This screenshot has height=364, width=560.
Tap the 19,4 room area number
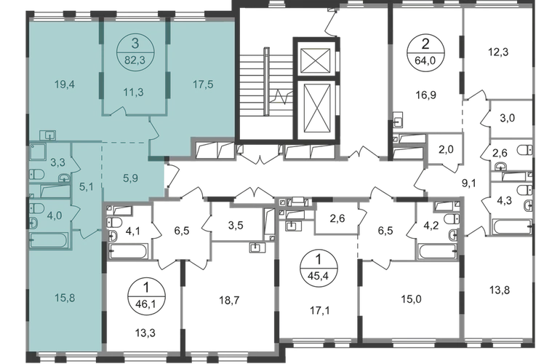click(x=65, y=84)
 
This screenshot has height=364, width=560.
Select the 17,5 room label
click(x=203, y=84)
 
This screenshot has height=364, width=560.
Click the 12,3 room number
click(x=498, y=52)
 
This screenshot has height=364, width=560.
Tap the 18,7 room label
click(x=229, y=301)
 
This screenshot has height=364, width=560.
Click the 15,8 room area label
click(x=65, y=298)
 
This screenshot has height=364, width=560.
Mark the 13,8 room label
click(x=500, y=290)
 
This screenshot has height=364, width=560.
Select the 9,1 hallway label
click(x=468, y=183)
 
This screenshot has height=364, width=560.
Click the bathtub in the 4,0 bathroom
click(x=49, y=240)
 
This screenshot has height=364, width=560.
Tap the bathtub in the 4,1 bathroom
click(x=128, y=251)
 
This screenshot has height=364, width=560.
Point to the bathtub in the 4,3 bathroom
click(x=512, y=226)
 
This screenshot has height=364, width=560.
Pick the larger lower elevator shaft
click(x=315, y=109)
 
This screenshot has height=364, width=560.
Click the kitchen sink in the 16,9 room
click(x=398, y=120)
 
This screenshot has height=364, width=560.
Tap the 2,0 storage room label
click(x=446, y=149)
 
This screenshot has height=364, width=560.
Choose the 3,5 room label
click(x=236, y=226)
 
